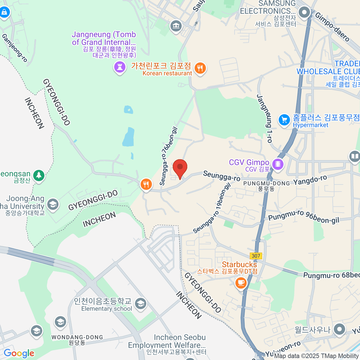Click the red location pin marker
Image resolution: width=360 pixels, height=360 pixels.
tap(180, 167)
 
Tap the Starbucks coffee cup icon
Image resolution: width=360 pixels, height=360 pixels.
tap(241, 283)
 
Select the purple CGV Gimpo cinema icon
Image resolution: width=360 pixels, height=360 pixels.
tap(278, 164)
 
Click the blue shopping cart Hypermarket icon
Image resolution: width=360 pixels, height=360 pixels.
tap(284, 120)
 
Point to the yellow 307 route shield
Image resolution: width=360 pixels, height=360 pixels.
tap(256, 256)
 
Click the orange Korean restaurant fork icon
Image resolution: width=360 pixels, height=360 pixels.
tap(200, 68)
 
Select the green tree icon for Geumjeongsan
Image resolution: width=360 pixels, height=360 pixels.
tap(39, 175)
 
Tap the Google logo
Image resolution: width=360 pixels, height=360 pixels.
tap(19, 353)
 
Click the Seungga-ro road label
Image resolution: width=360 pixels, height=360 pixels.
tap(221, 176)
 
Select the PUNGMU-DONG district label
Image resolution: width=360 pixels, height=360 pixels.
tap(266, 183)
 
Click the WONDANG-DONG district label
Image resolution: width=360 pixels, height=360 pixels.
tap(77, 337)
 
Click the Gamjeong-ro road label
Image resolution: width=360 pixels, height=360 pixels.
tap(14, 48)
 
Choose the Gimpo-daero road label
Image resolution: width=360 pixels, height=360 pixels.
tap(332, 27)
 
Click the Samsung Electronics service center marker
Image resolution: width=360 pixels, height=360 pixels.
tap(304, 13)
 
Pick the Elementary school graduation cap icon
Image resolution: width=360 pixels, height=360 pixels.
tap(140, 304)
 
